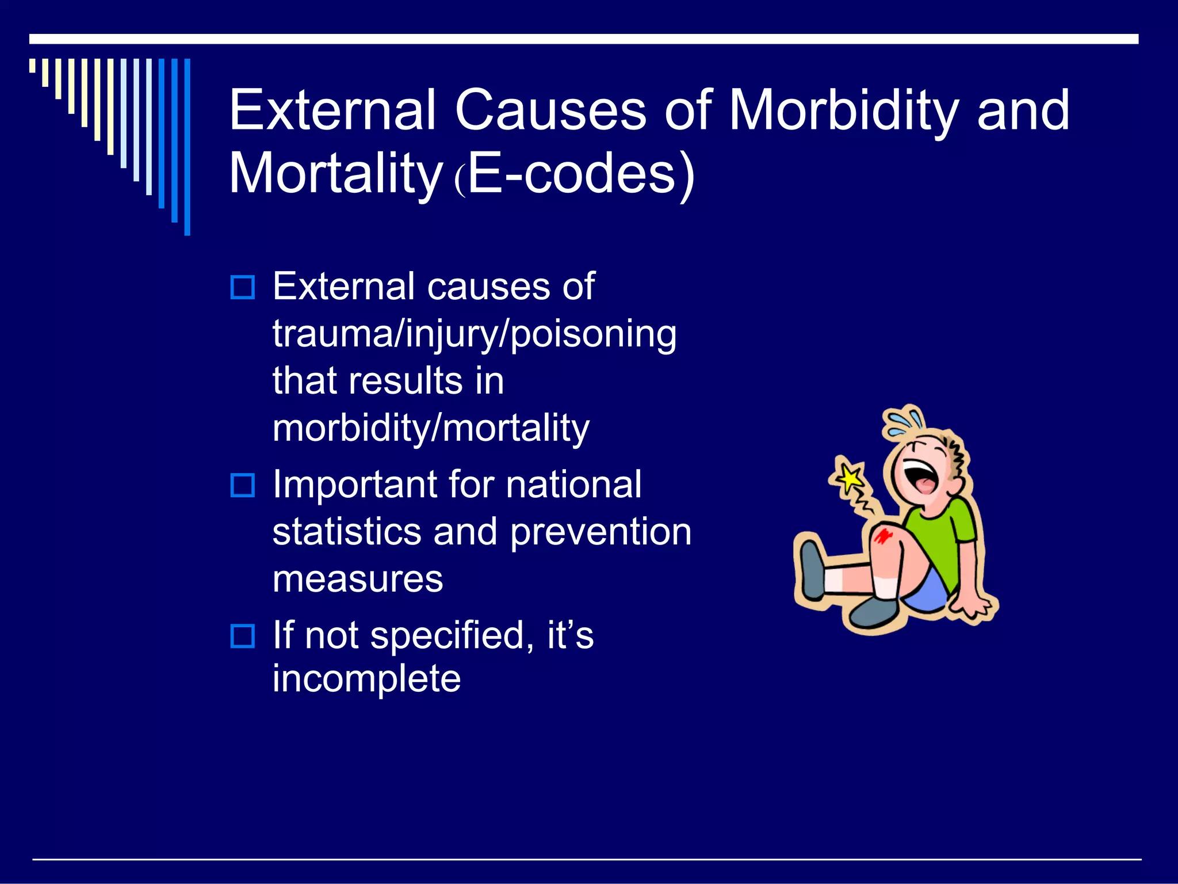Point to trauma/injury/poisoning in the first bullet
[475, 334]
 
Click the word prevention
[601, 532]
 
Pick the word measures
[358, 579]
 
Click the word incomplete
[366, 679]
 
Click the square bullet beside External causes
[242, 287]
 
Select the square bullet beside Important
[242, 486]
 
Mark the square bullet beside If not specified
[242, 637]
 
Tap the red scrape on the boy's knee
[882, 536]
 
